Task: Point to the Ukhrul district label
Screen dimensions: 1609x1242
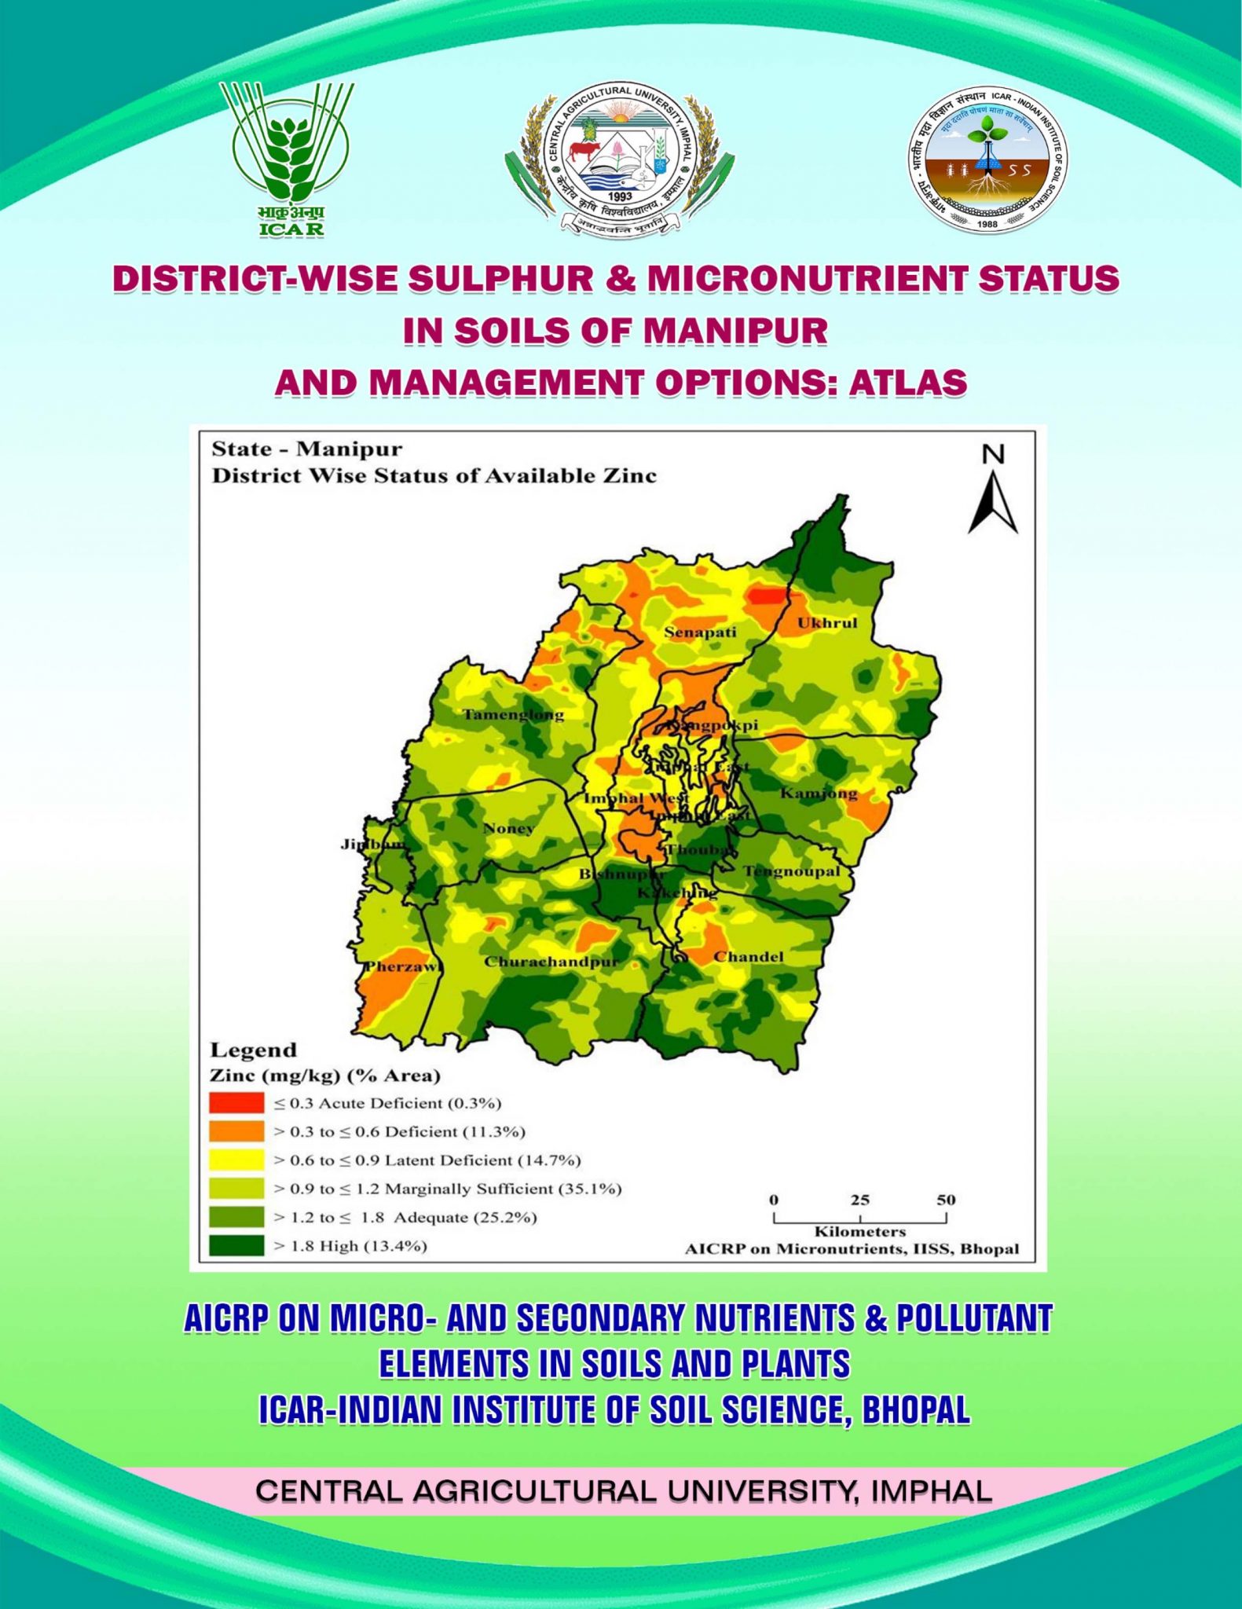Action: (x=827, y=623)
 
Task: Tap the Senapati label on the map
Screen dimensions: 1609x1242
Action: (x=700, y=632)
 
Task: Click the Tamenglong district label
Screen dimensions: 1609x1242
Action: (x=513, y=715)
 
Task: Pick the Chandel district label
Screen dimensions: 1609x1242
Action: (x=749, y=957)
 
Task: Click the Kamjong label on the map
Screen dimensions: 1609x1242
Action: (x=818, y=794)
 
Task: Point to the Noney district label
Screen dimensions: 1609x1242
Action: (x=508, y=828)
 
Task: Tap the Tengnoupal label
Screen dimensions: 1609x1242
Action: (x=791, y=871)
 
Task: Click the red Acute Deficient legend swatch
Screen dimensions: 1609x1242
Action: (x=236, y=1102)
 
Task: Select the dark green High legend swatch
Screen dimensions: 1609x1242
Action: (x=236, y=1245)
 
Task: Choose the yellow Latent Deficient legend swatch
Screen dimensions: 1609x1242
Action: (x=236, y=1160)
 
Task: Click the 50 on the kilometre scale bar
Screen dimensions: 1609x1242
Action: (x=945, y=1200)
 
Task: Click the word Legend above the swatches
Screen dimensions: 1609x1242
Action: (x=254, y=1050)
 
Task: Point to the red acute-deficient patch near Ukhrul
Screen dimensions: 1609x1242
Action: (x=766, y=595)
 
